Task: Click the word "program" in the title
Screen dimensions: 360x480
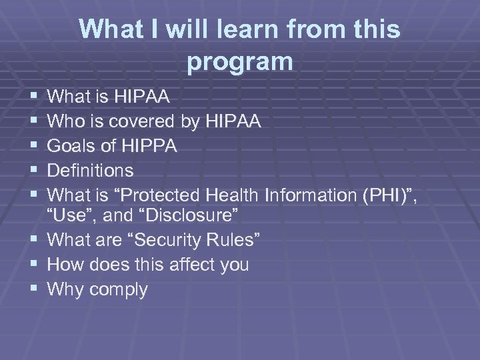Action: (x=240, y=62)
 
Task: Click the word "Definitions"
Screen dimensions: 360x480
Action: (x=91, y=171)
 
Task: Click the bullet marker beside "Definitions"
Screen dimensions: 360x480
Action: (x=34, y=171)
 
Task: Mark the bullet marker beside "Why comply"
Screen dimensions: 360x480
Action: (x=34, y=290)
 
